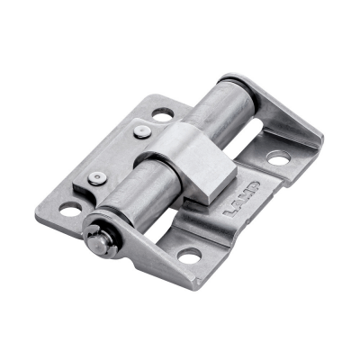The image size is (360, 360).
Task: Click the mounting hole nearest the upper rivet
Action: [x=164, y=115]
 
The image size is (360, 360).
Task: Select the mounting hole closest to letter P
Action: [x=278, y=159]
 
